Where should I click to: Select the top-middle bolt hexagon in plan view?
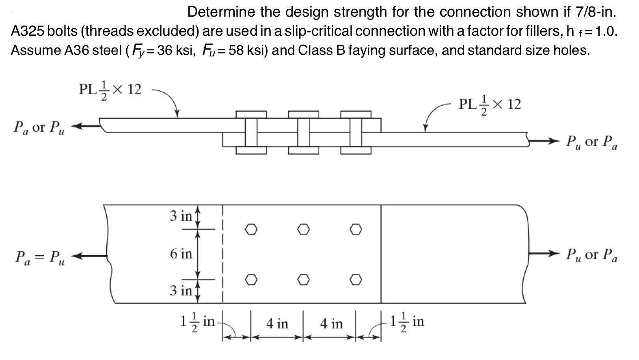303,230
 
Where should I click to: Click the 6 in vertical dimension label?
181,254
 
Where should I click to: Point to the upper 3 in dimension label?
181,216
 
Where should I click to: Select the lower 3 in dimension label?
181,291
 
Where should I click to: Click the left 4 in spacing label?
277,324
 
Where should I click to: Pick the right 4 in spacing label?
331,324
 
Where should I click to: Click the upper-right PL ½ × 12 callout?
490,105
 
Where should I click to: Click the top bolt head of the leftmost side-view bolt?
251,114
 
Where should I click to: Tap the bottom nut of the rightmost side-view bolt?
356,151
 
